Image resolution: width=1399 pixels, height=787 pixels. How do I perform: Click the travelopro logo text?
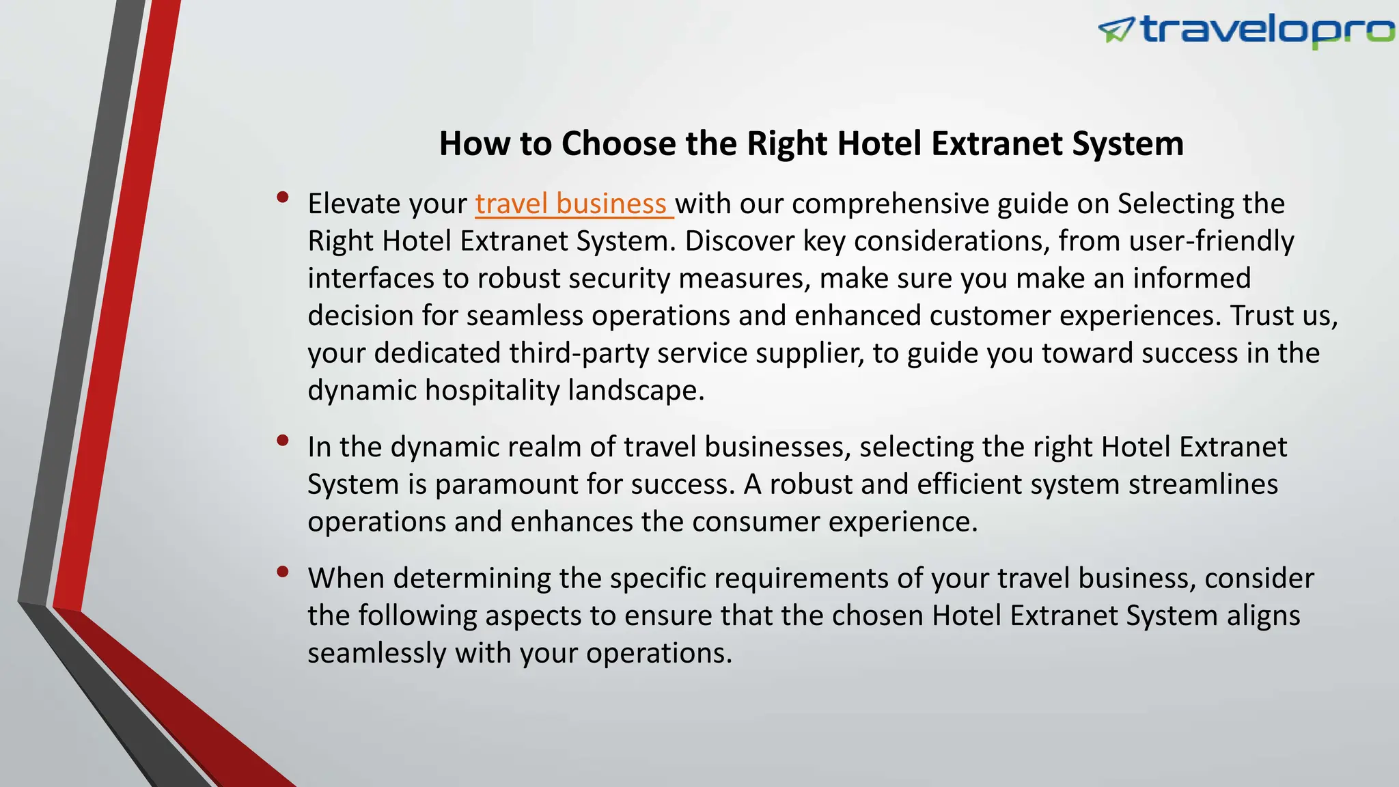tap(1267, 31)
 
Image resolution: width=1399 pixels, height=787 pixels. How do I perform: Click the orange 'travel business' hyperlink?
tap(572, 204)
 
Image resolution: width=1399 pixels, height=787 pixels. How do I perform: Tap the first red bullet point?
tap(282, 197)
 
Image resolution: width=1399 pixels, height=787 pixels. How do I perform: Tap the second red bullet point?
tap(282, 441)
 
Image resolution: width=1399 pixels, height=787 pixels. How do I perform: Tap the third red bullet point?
tap(282, 572)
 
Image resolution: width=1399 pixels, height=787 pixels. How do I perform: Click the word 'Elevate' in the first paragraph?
tap(352, 204)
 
